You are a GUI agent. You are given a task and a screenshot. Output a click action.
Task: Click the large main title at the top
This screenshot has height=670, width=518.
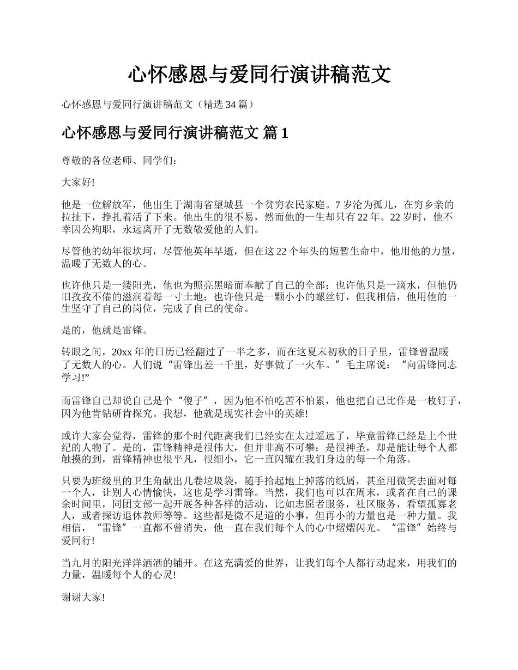[259, 74]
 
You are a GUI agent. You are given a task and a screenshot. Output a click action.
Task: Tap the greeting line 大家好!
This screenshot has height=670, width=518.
[78, 182]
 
